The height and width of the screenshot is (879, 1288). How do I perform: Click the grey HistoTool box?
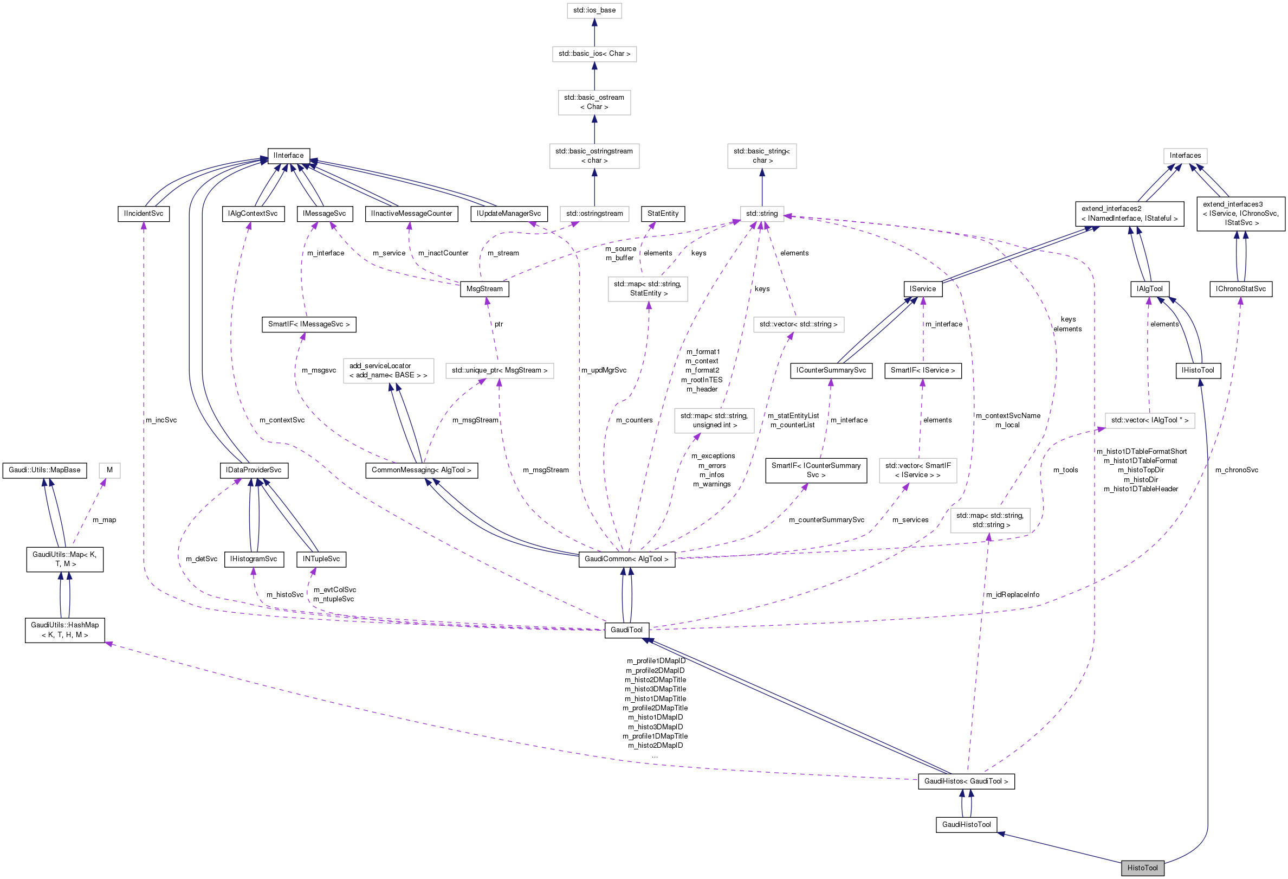coord(1142,868)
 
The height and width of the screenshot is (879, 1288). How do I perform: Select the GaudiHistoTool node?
coord(966,825)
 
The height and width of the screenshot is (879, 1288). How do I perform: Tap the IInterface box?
coord(288,155)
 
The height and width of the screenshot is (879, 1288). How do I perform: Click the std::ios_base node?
coord(594,10)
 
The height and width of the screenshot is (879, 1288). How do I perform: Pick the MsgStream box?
coord(484,289)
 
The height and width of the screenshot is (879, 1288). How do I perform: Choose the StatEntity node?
coord(662,214)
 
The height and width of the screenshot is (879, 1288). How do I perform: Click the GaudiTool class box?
coord(626,630)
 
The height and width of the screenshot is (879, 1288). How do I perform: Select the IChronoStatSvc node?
coord(1240,289)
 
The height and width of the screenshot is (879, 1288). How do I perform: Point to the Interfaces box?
coord(1185,155)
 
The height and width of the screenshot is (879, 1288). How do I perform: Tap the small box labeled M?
coord(110,470)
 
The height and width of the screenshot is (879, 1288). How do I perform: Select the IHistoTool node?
coord(1197,370)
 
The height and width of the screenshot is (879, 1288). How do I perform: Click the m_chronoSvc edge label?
coord(1237,470)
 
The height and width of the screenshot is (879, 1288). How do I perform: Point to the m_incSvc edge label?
coord(161,420)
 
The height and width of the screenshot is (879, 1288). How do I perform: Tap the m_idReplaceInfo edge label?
coord(1012,595)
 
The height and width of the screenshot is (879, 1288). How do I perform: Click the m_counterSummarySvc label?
coord(826,520)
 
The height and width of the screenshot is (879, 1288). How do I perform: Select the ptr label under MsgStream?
coord(499,324)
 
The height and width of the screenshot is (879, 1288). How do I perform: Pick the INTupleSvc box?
coord(321,559)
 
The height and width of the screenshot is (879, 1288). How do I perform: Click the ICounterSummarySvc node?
coord(831,370)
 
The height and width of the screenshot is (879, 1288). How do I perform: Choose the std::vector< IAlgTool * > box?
coord(1149,420)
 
